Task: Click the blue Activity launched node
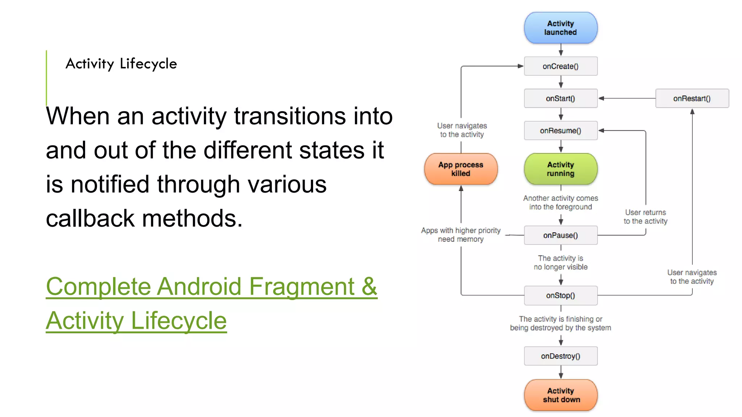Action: coord(560,28)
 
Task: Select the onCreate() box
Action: coord(560,66)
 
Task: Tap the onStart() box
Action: coord(560,98)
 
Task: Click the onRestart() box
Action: coord(692,98)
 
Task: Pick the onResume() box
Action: coord(560,131)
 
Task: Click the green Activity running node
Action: coord(560,169)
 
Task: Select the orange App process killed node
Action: coord(460,169)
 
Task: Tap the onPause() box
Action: coord(560,235)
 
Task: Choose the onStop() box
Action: coord(560,295)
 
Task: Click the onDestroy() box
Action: coord(560,356)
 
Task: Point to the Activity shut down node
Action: coord(560,395)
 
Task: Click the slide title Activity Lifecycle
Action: coord(121,64)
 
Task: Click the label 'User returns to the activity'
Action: coord(645,217)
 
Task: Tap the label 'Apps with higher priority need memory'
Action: coord(460,235)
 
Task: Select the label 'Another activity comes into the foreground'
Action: coord(560,202)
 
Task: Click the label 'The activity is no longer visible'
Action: coord(560,262)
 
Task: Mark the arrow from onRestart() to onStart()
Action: coord(627,98)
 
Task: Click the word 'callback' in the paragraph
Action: coord(90,218)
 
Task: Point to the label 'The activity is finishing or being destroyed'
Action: coord(560,323)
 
